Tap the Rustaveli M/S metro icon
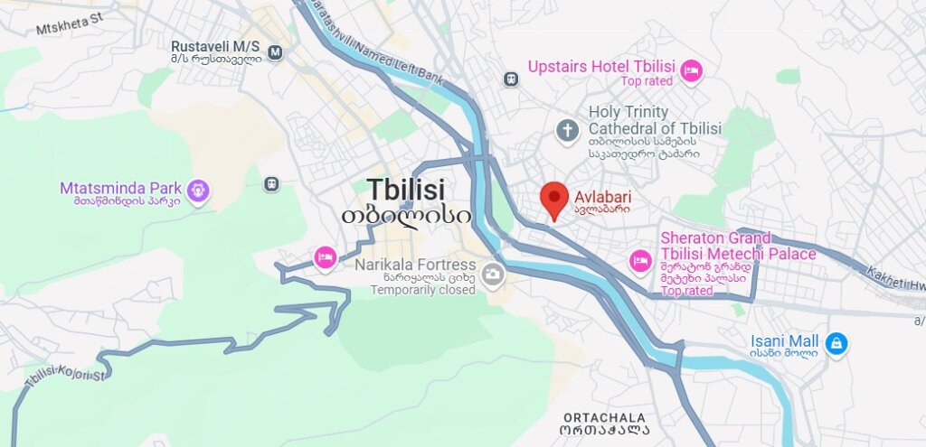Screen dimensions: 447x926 [275, 52]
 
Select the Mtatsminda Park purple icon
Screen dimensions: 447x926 [199, 191]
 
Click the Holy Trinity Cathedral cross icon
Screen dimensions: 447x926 [568, 131]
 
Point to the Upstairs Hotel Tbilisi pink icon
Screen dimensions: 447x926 [692, 70]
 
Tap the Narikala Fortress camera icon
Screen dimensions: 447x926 [492, 273]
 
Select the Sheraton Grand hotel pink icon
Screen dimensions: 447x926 [639, 261]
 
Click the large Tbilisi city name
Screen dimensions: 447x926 [406, 189]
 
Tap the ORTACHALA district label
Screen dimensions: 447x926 [605, 417]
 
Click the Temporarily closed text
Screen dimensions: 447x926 [422, 290]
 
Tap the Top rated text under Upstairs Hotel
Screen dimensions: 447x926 [647, 81]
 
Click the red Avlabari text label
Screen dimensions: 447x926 [602, 197]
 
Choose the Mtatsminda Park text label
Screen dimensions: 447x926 [119, 188]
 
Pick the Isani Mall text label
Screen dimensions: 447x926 [784, 340]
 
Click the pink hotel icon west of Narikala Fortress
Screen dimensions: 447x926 [325, 257]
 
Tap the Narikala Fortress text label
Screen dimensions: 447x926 [415, 265]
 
